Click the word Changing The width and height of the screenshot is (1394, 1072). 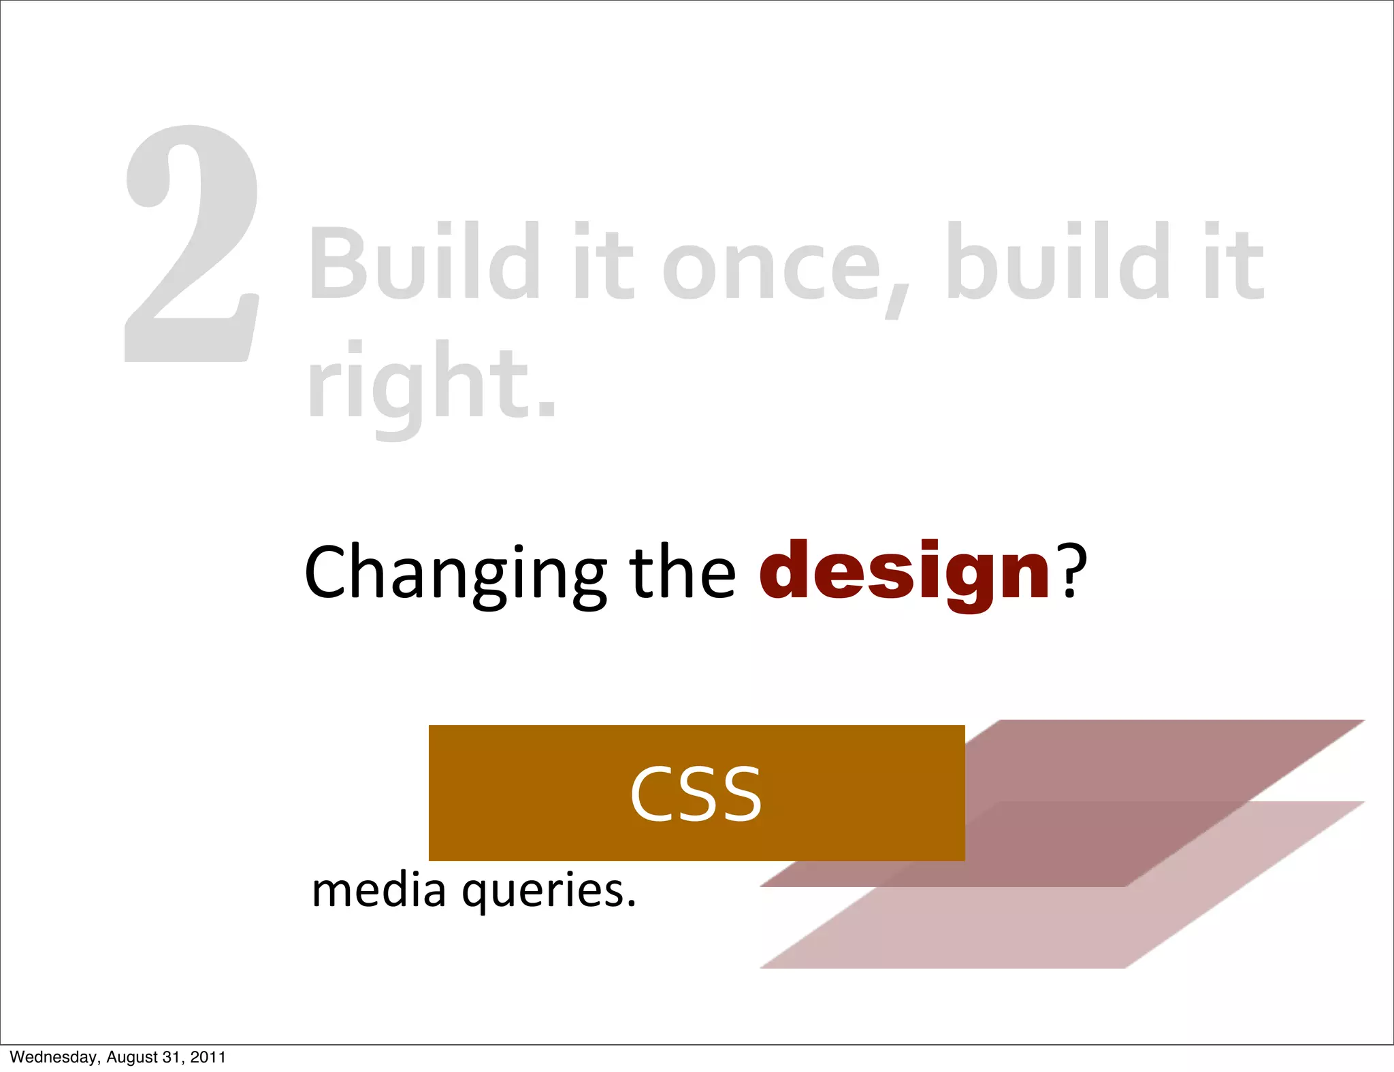(455, 573)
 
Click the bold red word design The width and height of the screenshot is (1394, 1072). (905, 573)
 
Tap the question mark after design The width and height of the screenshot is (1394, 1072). (1071, 570)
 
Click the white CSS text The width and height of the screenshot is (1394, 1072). (696, 794)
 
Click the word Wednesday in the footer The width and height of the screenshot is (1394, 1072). (53, 1057)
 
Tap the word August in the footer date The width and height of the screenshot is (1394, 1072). (131, 1057)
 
